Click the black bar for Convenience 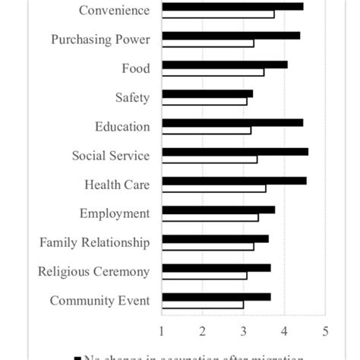[x=232, y=6]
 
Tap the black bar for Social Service [x=235, y=151]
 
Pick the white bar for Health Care [x=214, y=188]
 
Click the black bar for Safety [x=207, y=93]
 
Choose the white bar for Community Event [x=203, y=305]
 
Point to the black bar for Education [x=232, y=122]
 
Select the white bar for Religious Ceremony [x=204, y=275]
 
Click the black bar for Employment [x=219, y=210]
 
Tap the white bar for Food [x=213, y=72]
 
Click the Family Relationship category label [x=94, y=243]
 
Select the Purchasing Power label [x=100, y=39]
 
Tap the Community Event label [x=99, y=301]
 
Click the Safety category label [x=132, y=97]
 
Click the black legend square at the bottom [x=77, y=356]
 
